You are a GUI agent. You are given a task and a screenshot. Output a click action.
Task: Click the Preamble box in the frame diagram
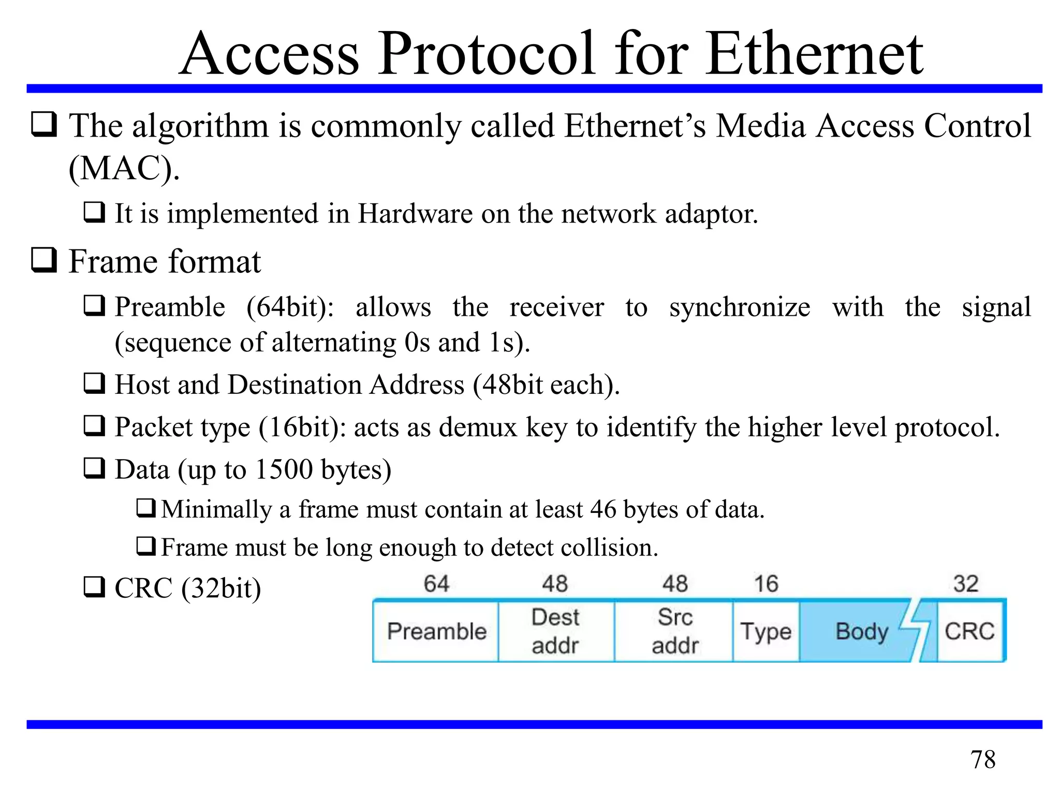click(x=436, y=631)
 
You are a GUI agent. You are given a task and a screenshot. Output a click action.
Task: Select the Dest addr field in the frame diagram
click(x=556, y=631)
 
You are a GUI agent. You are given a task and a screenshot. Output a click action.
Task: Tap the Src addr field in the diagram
click(x=674, y=631)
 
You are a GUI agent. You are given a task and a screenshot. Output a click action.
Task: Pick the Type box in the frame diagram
click(x=766, y=631)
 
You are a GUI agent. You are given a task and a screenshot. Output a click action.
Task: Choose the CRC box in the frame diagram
click(x=969, y=631)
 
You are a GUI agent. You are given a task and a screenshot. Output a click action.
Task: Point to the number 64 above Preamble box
click(x=436, y=584)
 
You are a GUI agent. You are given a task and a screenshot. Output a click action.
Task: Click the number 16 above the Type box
click(x=766, y=584)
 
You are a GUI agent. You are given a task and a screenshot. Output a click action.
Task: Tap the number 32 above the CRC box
click(x=966, y=584)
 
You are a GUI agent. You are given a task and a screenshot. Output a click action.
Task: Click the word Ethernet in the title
click(x=814, y=54)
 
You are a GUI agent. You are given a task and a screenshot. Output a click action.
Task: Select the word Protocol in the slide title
click(x=486, y=54)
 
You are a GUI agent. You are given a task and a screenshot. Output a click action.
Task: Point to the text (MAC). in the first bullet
click(x=124, y=168)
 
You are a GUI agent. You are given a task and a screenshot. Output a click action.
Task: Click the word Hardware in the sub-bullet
click(x=415, y=213)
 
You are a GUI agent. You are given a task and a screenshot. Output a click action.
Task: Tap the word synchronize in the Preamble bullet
click(x=740, y=307)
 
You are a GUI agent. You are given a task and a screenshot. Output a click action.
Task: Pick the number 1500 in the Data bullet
click(x=284, y=469)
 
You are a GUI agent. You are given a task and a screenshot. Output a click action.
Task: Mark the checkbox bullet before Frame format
click(x=44, y=260)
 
